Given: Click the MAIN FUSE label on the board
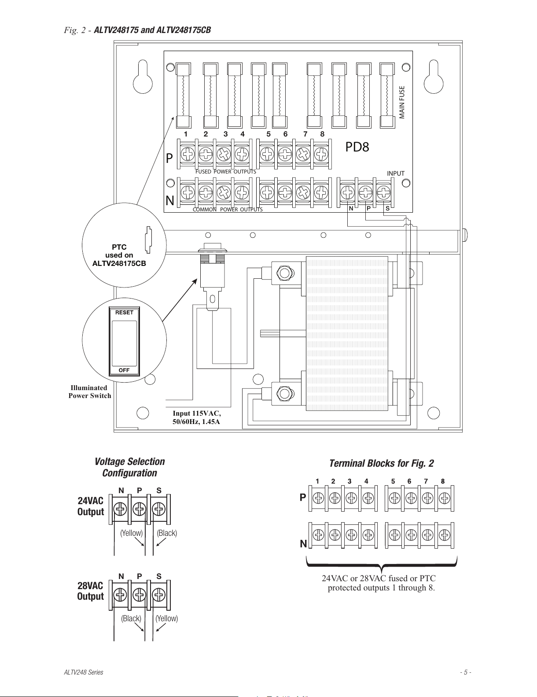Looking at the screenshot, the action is point(402,102).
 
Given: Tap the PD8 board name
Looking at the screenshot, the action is point(357,147).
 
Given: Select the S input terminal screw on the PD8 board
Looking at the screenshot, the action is point(383,193).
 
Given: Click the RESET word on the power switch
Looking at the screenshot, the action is point(124,313).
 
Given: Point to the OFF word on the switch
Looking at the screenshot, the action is point(124,370).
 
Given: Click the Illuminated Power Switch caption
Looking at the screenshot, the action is point(89,391).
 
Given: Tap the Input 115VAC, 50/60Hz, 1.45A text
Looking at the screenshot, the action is point(196,417).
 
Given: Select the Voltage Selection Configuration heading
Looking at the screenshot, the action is point(129,467).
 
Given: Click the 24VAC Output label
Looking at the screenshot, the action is point(91,506).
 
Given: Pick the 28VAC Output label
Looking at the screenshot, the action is point(90,591).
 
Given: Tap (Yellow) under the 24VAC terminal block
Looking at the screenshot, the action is point(132,533).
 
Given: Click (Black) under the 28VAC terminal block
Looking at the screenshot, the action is point(131,619).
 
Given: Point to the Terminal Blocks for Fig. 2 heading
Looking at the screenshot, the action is point(382,463).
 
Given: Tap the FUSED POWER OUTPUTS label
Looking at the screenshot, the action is point(226,172).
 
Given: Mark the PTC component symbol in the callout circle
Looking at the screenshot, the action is point(148,240).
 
